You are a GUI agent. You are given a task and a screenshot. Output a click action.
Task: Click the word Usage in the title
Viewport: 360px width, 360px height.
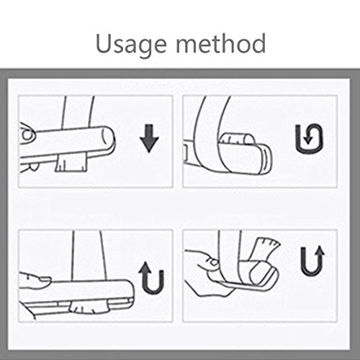pos(131,45)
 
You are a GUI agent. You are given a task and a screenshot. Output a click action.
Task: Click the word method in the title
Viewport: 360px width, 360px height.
pos(221,43)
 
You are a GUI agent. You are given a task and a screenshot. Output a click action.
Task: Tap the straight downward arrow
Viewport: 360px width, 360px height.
pos(149,138)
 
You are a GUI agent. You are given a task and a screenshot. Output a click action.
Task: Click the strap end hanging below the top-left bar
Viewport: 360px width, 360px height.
pos(71,163)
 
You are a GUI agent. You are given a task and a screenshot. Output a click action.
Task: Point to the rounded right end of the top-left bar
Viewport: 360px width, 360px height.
pos(109,138)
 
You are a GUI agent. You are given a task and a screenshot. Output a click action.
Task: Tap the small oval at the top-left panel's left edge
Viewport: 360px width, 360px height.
pos(27,135)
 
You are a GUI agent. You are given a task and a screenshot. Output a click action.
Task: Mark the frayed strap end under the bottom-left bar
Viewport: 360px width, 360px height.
pos(89,307)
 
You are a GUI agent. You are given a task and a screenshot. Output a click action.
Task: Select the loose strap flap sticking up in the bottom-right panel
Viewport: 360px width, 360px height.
pos(266,250)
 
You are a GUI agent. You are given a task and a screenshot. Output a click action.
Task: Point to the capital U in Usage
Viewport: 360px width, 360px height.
pos(104,44)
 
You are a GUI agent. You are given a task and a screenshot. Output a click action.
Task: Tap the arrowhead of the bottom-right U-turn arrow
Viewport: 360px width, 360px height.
pos(319,251)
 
